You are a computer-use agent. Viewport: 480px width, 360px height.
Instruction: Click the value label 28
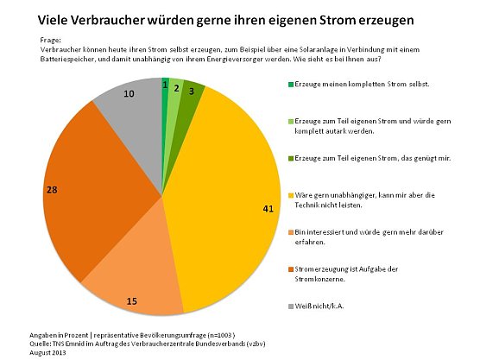pos(52,188)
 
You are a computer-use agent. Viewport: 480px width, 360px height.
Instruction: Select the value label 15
pos(132,300)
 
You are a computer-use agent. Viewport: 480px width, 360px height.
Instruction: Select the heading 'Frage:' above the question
pos(52,41)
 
